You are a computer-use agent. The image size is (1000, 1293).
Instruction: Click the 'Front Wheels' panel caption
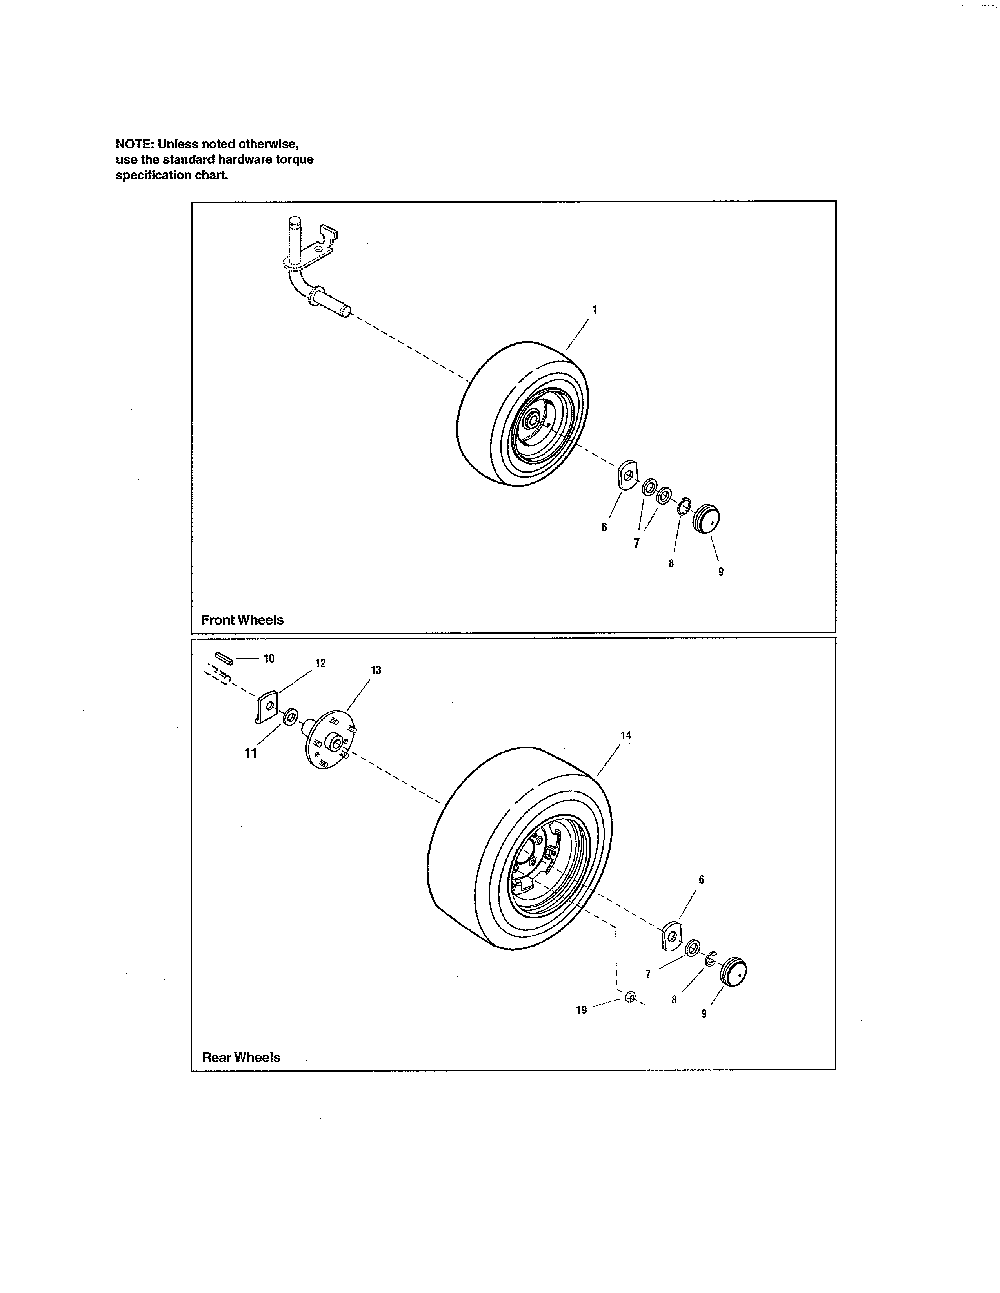coord(242,620)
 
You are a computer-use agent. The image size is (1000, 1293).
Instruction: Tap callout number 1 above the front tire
coord(594,310)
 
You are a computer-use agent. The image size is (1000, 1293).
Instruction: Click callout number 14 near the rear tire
coord(625,735)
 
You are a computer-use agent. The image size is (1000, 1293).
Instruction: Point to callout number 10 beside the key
coord(269,658)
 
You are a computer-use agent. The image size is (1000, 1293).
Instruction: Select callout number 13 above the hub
coord(376,670)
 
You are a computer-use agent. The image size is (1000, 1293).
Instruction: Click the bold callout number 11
coord(251,753)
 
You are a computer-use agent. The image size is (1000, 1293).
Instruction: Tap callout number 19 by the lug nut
coord(581,1010)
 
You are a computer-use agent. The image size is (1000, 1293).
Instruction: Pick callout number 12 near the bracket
coord(320,664)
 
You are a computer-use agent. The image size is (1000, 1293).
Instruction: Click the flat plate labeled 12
coord(267,706)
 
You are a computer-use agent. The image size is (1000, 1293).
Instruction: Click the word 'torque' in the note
coord(295,159)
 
